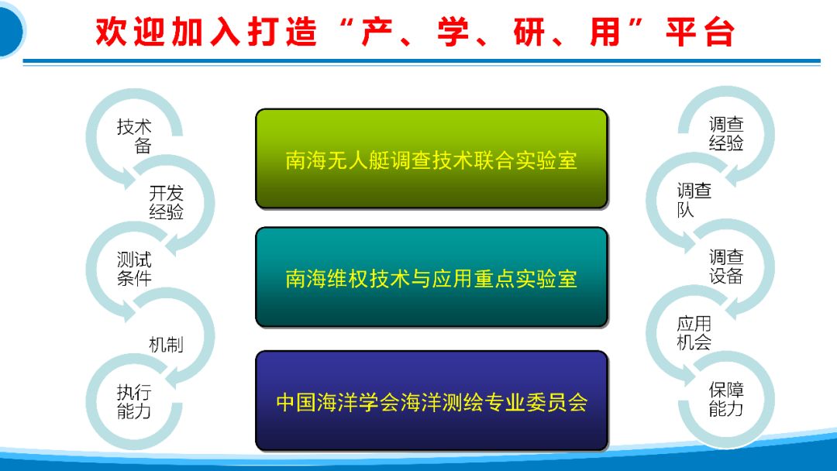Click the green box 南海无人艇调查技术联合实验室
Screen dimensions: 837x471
click(x=432, y=159)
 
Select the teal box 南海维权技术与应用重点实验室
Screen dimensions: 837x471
click(x=432, y=277)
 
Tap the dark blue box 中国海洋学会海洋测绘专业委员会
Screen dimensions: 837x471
click(x=432, y=401)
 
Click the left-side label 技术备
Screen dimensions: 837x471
click(x=135, y=136)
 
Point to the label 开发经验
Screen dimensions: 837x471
click(x=166, y=202)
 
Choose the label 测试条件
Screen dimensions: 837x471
click(x=135, y=269)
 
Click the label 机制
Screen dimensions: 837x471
click(x=166, y=345)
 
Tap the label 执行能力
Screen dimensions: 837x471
click(x=134, y=401)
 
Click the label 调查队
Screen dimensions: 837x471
click(x=694, y=200)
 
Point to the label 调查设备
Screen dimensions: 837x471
click(x=726, y=266)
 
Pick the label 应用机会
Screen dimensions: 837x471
click(x=694, y=333)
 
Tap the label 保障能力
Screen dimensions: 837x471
click(x=726, y=400)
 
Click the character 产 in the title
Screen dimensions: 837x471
click(x=377, y=32)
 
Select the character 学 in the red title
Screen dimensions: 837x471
click(x=453, y=32)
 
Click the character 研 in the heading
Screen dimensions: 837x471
click(x=529, y=32)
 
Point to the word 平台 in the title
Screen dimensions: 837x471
click(x=700, y=32)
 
